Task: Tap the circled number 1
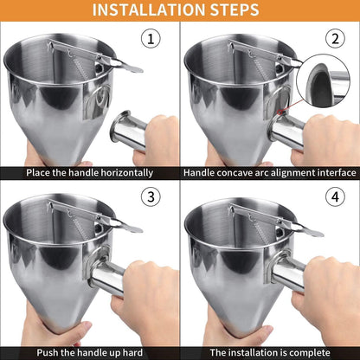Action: (152, 39)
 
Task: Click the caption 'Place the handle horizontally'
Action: (90, 172)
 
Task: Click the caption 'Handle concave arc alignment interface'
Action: (270, 172)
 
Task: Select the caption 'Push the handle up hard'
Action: (90, 352)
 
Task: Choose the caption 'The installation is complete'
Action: (270, 352)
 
